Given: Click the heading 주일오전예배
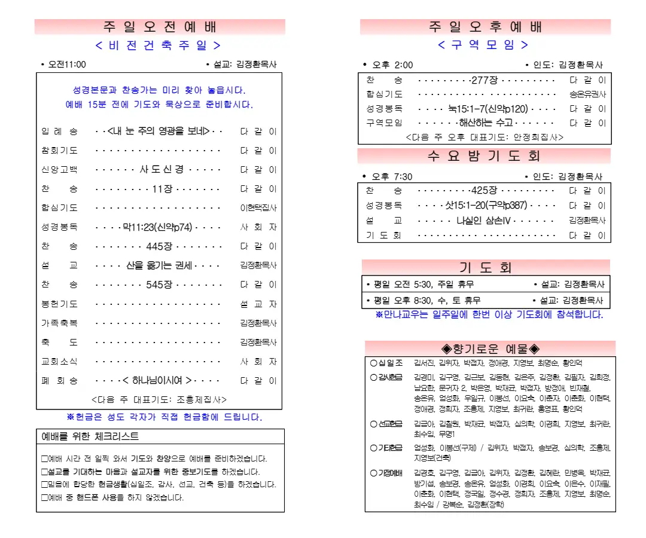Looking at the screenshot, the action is pos(160,27).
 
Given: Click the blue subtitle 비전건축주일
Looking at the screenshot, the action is pos(159,45).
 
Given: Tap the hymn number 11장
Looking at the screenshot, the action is pos(161,189).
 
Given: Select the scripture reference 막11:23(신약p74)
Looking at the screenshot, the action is pos(158,227).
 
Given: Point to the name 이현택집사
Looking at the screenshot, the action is pos(258,208).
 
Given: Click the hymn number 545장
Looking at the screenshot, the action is pos(159,285).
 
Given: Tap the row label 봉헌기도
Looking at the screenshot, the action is pos(60,304).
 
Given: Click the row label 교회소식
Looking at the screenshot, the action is pos(60,362).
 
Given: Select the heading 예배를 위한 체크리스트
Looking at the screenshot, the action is pos(90,437).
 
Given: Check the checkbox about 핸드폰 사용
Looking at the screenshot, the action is pos(44,497).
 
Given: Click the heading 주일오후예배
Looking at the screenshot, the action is pos(485,27).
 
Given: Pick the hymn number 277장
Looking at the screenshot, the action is pos(484,80).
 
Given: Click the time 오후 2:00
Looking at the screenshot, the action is pos(392,65).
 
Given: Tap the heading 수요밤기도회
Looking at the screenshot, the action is pos(484,156).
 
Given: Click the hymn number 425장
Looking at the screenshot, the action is pos(484,191).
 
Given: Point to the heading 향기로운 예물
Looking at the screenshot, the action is pos(490,349).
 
